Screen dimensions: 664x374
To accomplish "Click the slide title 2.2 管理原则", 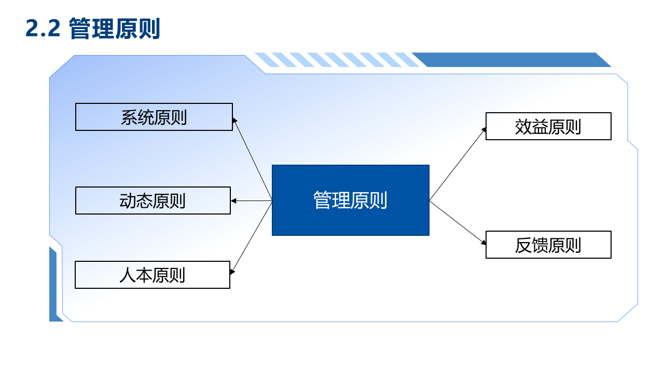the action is [93, 29].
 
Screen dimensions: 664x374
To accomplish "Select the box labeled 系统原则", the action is [154, 117].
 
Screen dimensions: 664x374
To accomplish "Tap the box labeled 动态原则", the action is [153, 201].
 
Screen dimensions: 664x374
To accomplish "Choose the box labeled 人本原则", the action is [153, 275].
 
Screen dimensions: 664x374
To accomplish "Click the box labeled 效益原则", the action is [548, 126].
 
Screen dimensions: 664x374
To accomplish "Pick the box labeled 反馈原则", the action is [548, 245].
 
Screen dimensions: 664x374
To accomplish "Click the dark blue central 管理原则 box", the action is [351, 201].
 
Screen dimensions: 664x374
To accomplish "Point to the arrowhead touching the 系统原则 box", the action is [234, 120].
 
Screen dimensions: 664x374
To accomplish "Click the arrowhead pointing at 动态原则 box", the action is [233, 201].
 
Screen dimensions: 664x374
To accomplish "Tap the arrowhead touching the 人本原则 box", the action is [232, 271].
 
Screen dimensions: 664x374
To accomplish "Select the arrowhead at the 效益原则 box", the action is [484, 130].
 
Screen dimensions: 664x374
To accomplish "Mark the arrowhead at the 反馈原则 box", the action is [483, 243].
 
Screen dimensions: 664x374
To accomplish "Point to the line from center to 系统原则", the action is [253, 159].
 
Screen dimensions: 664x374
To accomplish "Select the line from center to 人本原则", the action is [252, 236].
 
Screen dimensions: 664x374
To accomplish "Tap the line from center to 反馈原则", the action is [458, 223].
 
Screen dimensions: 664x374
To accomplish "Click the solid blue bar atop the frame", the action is [512, 60].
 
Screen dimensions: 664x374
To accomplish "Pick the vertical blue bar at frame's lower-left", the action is [53, 284].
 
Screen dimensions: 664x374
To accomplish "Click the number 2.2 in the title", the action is [43, 29].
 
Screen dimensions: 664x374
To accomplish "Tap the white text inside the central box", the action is [350, 201].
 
